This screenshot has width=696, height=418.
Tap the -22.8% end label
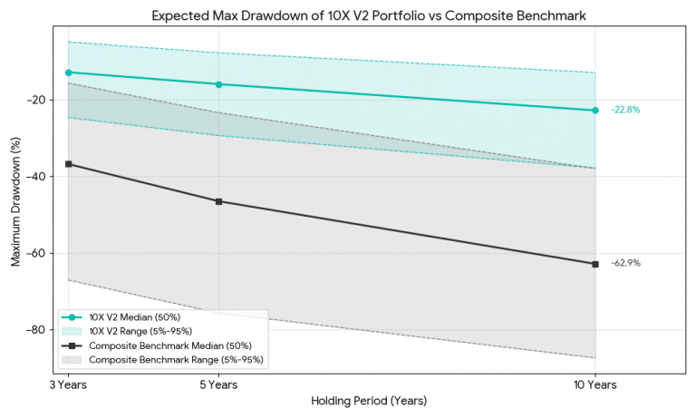coord(625,110)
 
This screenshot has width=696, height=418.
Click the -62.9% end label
coord(625,263)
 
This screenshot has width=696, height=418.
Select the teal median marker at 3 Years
coord(68,72)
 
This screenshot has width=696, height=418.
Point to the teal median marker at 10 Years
coord(595,111)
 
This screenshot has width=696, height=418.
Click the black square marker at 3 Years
coord(68,164)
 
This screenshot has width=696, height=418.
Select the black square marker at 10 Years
coord(595,264)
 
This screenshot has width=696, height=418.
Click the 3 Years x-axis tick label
coord(68,385)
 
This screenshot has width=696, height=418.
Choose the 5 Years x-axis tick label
coord(218,385)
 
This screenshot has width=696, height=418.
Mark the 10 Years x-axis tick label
coord(595,385)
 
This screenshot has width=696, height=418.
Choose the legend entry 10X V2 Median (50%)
coord(134,317)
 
